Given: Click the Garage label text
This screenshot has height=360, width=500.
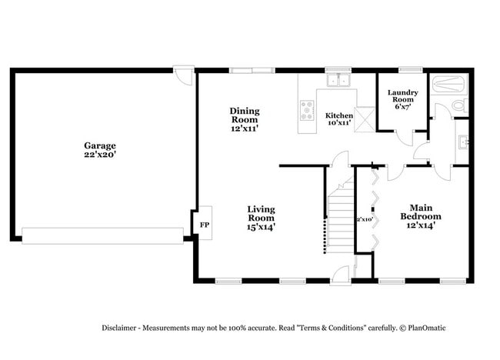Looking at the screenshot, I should coord(100,145).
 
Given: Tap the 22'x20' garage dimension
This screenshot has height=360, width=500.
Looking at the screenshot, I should coord(100,155).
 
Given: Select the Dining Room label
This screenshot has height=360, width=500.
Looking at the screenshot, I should coord(245,115).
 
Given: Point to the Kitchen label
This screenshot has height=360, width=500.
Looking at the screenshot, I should coord(339,115).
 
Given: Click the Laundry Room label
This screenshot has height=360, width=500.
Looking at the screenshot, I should coord(403,97).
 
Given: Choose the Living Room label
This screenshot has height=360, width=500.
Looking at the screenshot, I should coord(261,213).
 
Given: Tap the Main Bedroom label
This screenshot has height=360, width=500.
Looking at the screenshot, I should coord(420,212).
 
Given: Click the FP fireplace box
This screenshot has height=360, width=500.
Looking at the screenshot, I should coord(205,225).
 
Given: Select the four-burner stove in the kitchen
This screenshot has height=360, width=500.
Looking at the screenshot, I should coord(308,110).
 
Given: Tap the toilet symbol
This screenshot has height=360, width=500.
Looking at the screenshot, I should coord(459,105).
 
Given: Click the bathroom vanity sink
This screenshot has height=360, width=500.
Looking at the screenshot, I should coord(462,142).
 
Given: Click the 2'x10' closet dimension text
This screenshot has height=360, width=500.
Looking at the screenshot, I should coord(364,219).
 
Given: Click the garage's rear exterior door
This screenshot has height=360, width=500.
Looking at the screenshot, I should coord(184,76).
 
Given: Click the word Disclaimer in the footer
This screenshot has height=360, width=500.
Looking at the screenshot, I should coord(122,328).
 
